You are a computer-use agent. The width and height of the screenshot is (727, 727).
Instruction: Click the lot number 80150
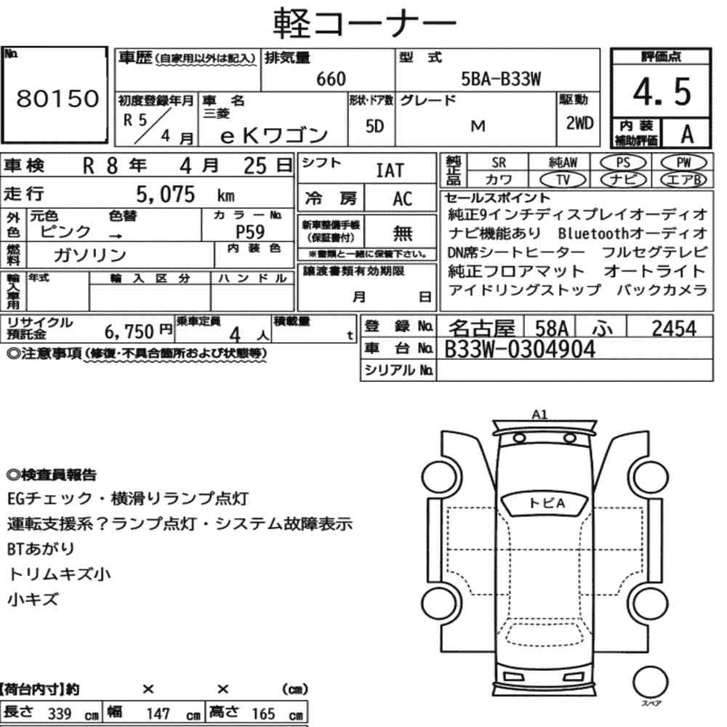(57, 98)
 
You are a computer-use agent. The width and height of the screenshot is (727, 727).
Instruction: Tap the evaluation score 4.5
(662, 92)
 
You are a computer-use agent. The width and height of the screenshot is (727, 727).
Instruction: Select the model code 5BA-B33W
(501, 79)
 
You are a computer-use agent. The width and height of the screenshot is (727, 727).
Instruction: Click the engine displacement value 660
(331, 79)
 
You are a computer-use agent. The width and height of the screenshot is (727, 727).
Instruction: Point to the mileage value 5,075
(166, 194)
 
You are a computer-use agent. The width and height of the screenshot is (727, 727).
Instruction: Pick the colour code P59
(250, 231)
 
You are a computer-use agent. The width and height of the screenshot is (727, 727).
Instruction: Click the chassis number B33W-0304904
(519, 349)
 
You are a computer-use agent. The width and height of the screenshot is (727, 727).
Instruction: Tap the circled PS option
(623, 163)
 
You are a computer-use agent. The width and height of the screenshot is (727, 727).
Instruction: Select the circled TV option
(563, 180)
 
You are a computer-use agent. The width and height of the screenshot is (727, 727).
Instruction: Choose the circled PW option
(683, 163)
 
